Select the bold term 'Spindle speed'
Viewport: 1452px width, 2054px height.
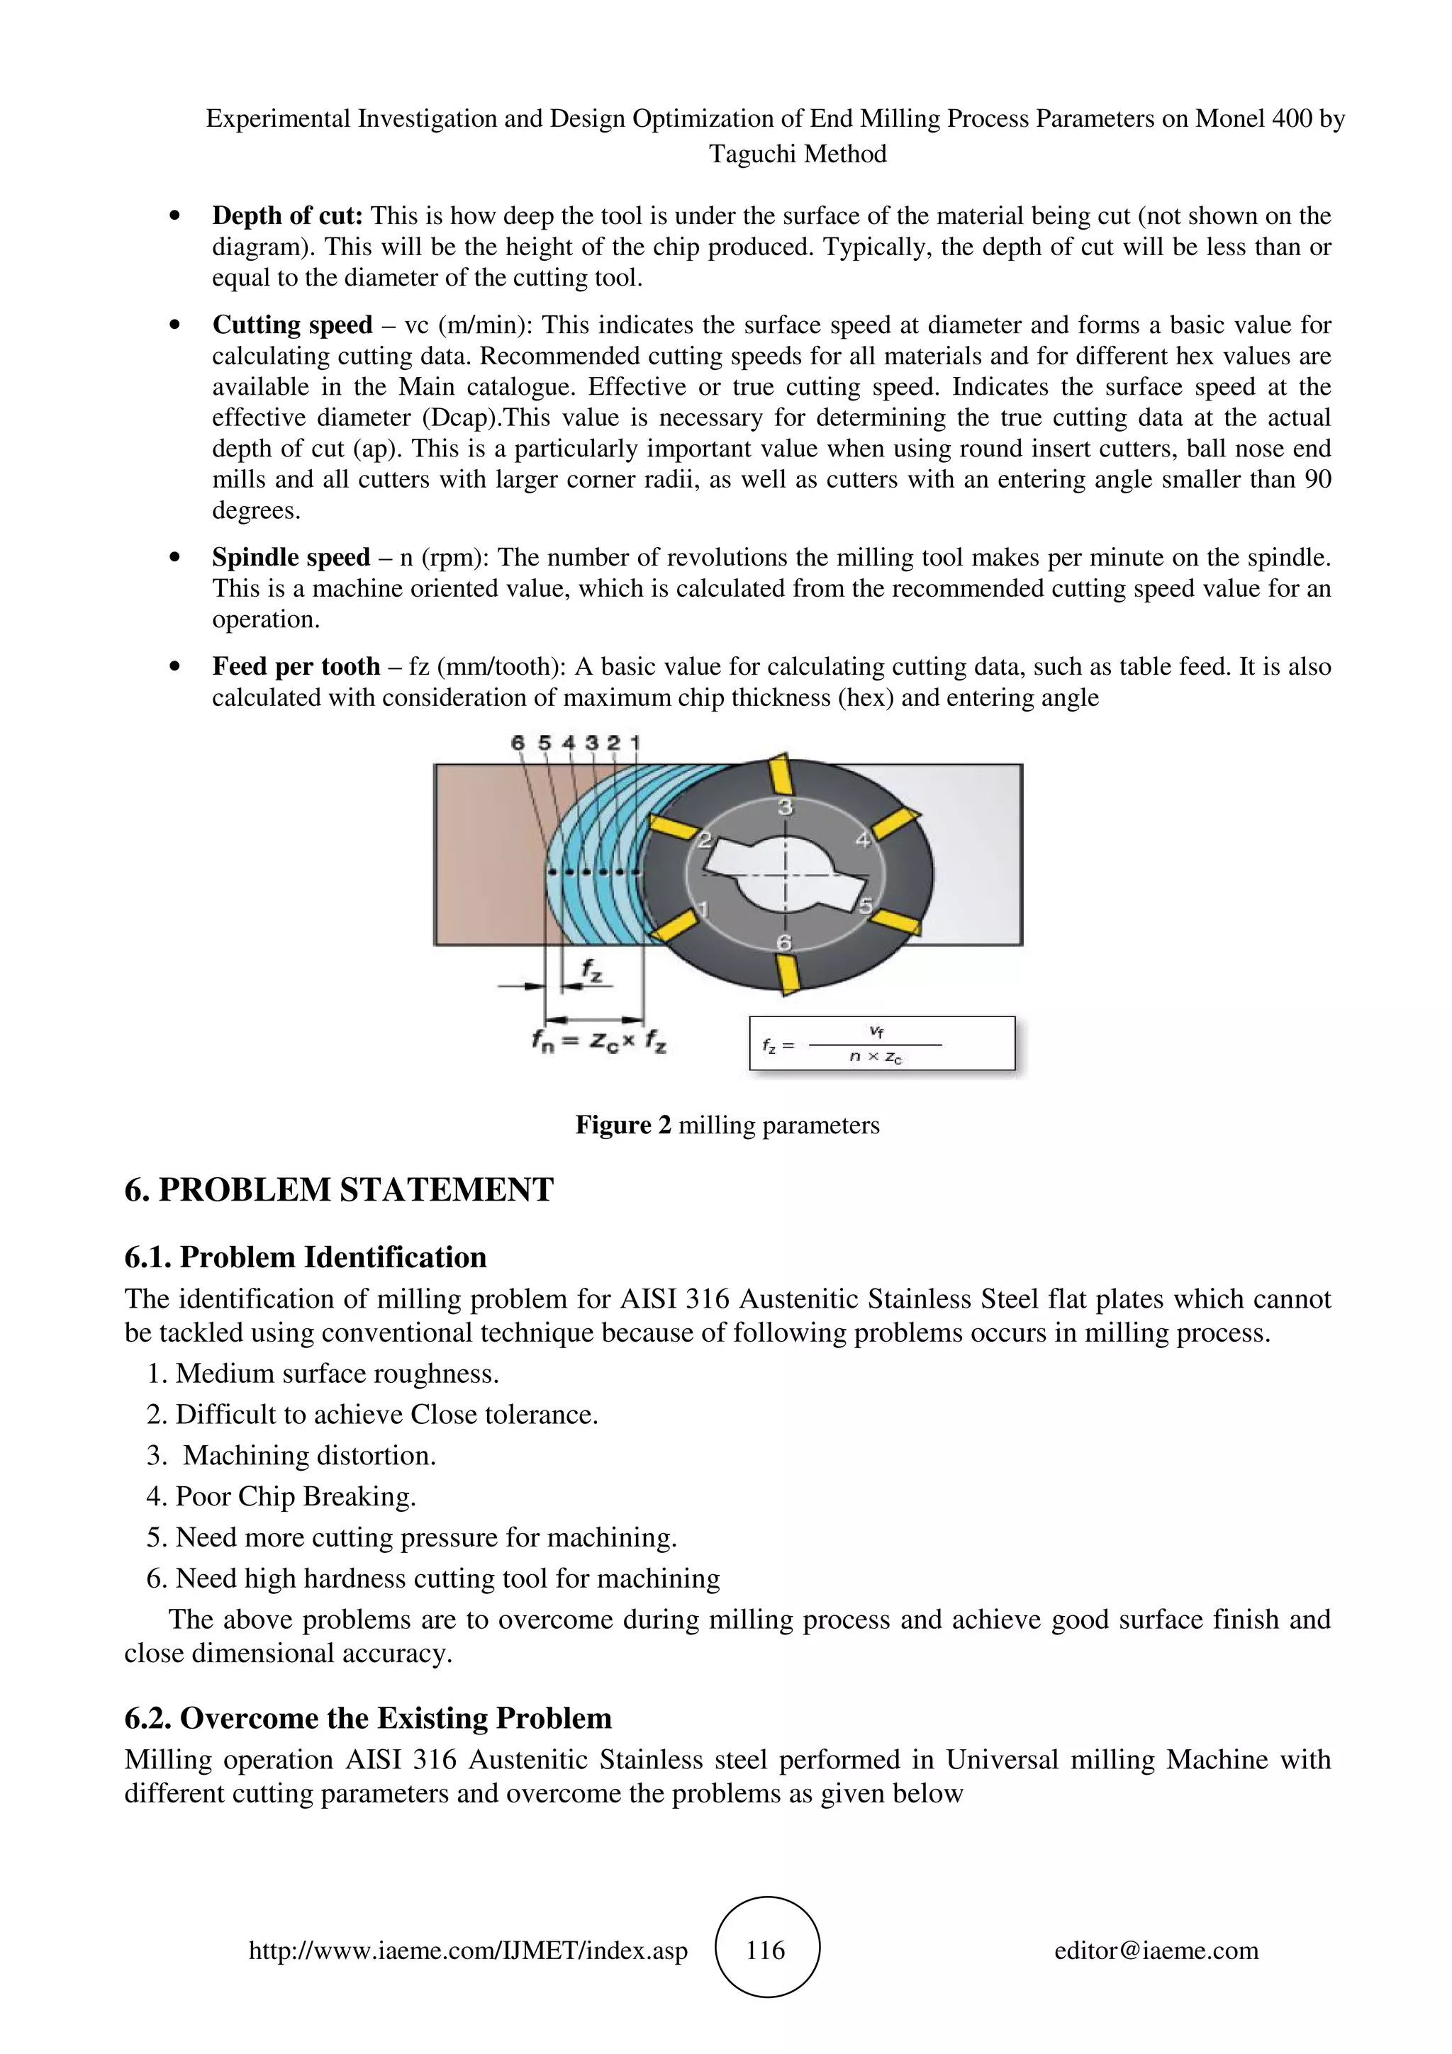pyautogui.click(x=291, y=557)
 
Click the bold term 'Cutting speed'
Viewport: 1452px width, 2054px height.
pyautogui.click(x=291, y=325)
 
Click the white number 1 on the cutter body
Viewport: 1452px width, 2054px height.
pyautogui.click(x=703, y=910)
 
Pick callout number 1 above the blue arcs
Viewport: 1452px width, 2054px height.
pyautogui.click(x=635, y=743)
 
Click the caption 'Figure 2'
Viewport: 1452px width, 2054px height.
pyautogui.click(x=622, y=1126)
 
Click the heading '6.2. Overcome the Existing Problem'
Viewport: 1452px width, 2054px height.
pyautogui.click(x=368, y=1719)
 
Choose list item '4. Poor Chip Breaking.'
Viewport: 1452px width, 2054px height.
pyautogui.click(x=281, y=1497)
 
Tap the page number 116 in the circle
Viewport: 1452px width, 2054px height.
pyautogui.click(x=766, y=1951)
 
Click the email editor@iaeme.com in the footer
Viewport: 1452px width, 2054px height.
pyautogui.click(x=1156, y=1951)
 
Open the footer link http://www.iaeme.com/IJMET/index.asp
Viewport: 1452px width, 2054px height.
pyautogui.click(x=468, y=1951)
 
